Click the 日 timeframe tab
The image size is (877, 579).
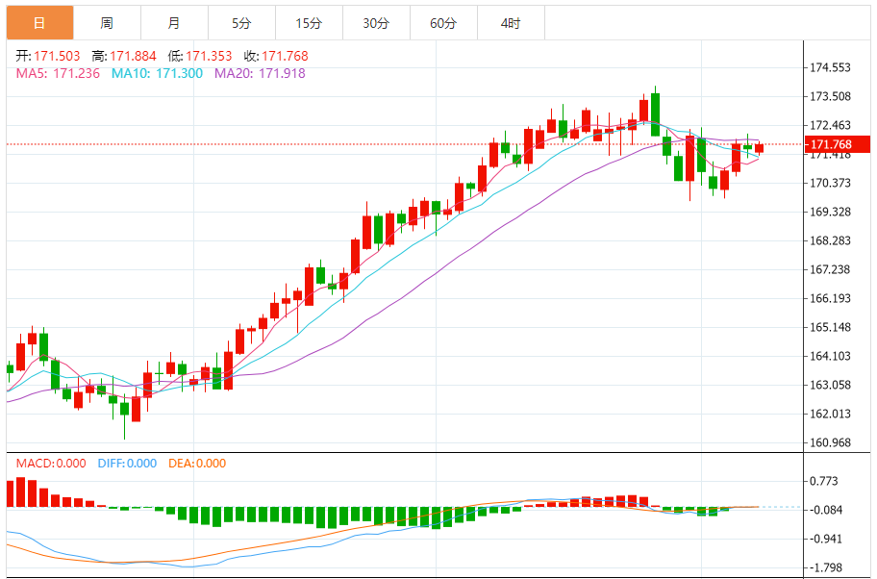point(38,23)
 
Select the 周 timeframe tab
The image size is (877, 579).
point(107,23)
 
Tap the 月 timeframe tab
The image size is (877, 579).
point(174,23)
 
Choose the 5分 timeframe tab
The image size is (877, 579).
point(241,23)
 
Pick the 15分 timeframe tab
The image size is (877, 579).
point(309,23)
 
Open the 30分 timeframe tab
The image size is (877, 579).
point(376,23)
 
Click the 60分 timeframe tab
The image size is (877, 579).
point(443,23)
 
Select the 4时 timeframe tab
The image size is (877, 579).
point(511,23)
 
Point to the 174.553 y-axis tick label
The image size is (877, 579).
point(831,67)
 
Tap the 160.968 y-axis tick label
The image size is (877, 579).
point(831,442)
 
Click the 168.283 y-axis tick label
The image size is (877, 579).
point(831,240)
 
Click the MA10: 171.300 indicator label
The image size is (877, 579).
point(157,73)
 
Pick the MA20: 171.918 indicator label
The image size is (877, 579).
point(259,73)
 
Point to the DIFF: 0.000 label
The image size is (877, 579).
point(127,464)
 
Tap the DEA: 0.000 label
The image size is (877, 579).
point(197,464)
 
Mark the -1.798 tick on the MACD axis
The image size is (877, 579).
point(827,567)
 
